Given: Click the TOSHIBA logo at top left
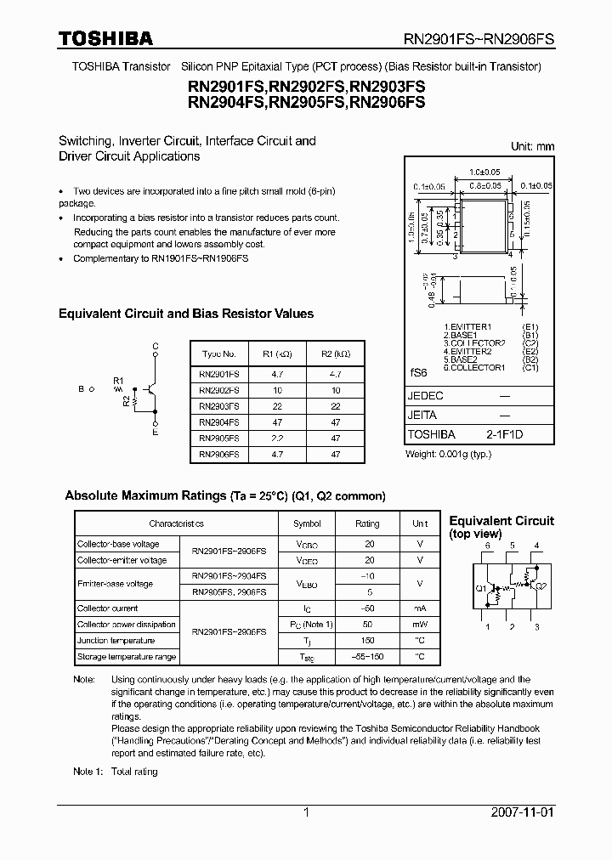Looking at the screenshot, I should (105, 38).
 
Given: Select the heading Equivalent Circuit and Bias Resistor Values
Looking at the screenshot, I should (186, 314).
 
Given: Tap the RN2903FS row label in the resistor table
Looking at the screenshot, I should (218, 405).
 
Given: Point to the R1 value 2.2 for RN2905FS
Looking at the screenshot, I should (276, 438).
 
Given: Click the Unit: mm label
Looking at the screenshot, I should (532, 146).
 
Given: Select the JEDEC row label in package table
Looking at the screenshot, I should (426, 396).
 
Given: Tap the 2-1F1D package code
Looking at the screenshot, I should (504, 433).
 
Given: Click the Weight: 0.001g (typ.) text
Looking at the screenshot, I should (448, 455).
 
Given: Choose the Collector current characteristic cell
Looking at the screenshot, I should (107, 608).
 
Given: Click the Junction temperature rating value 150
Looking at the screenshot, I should (367, 641).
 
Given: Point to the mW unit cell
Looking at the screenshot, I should (420, 625).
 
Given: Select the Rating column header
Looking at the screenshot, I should (367, 524).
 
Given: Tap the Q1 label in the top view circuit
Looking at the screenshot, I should (481, 587).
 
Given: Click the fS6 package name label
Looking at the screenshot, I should (418, 372).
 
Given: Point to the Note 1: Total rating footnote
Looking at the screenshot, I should (116, 772).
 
